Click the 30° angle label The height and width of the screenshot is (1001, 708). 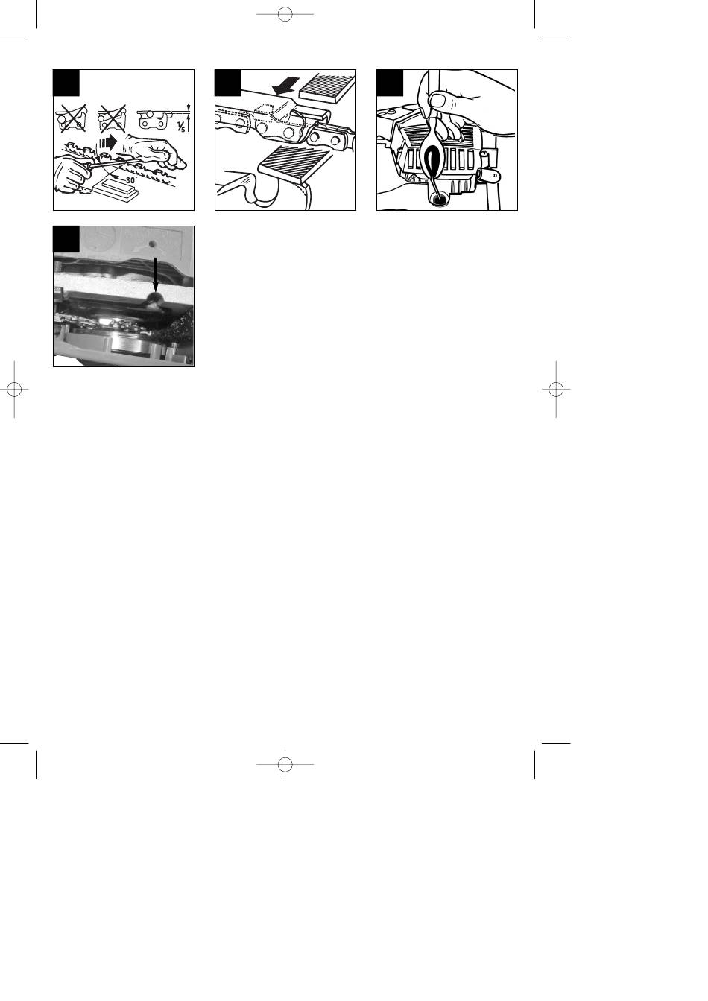click(130, 180)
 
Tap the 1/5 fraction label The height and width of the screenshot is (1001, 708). click(180, 127)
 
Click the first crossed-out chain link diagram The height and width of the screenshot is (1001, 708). click(71, 118)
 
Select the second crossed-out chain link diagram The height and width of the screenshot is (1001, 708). click(112, 118)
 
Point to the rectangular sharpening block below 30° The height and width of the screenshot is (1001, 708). click(115, 189)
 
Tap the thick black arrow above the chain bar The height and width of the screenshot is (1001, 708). click(285, 85)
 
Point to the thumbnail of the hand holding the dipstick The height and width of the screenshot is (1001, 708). click(439, 101)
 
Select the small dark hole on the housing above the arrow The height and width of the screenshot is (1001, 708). click(153, 244)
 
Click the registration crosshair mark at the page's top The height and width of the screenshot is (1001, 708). click(285, 14)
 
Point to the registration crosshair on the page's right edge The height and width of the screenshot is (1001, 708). click(556, 390)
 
